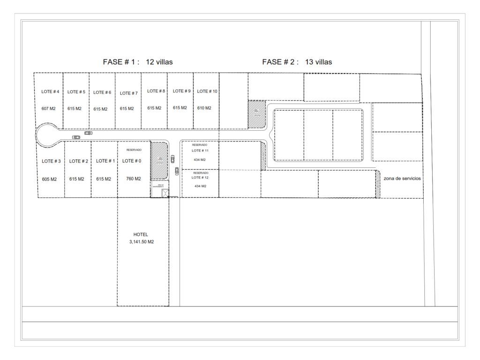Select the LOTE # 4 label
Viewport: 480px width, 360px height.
point(50,91)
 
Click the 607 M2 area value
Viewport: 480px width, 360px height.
point(49,109)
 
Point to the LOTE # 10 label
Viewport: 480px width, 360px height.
point(207,91)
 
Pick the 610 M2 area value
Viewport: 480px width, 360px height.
point(204,108)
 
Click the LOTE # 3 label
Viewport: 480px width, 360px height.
point(51,161)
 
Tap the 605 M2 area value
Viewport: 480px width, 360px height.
point(49,179)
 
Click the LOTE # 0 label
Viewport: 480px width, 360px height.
point(131,161)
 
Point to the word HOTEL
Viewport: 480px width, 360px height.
point(141,234)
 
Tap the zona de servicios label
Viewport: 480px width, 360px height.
point(402,179)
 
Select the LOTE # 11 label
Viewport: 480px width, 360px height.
point(200,151)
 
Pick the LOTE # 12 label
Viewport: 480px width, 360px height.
point(200,178)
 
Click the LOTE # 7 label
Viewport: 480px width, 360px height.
point(129,93)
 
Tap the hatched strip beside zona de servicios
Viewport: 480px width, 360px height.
point(377,183)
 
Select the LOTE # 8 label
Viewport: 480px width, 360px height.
point(156,91)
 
